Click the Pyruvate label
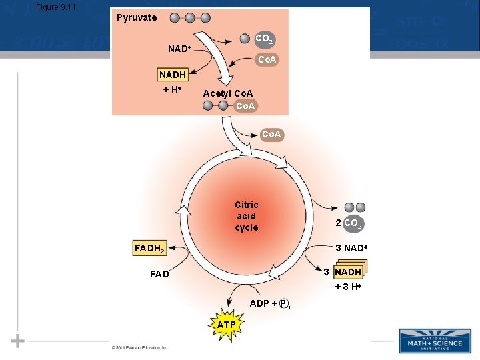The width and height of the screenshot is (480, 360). click(x=137, y=17)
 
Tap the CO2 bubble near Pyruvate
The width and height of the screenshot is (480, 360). click(x=264, y=39)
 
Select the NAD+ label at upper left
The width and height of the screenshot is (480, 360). click(x=180, y=49)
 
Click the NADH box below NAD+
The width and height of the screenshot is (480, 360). click(x=173, y=75)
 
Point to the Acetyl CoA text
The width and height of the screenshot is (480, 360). click(x=228, y=93)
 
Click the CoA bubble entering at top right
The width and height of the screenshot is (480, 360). click(x=268, y=60)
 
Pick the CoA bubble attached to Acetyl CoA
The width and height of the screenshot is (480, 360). click(x=245, y=106)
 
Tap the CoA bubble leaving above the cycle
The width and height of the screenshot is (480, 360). click(x=271, y=135)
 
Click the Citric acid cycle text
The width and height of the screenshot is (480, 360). click(x=246, y=216)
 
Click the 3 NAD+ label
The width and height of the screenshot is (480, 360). click(x=351, y=249)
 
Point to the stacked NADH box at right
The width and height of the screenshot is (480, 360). click(x=348, y=272)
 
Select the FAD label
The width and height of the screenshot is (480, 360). click(x=159, y=275)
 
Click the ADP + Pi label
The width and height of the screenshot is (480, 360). click(x=269, y=304)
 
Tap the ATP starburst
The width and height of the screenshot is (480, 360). click(x=226, y=325)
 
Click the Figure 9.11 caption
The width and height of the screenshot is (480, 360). click(x=57, y=7)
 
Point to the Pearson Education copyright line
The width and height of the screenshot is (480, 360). click(x=140, y=347)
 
